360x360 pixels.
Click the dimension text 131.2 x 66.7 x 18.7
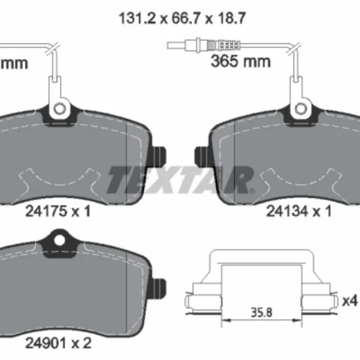182,18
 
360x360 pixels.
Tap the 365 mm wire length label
240,61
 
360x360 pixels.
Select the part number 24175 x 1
58,212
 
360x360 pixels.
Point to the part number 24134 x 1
299,212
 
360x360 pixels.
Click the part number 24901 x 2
58,343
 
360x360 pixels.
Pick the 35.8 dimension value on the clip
261,312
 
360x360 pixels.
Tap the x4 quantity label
350,301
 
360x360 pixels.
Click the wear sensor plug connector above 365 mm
204,45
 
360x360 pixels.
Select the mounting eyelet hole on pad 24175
59,109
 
